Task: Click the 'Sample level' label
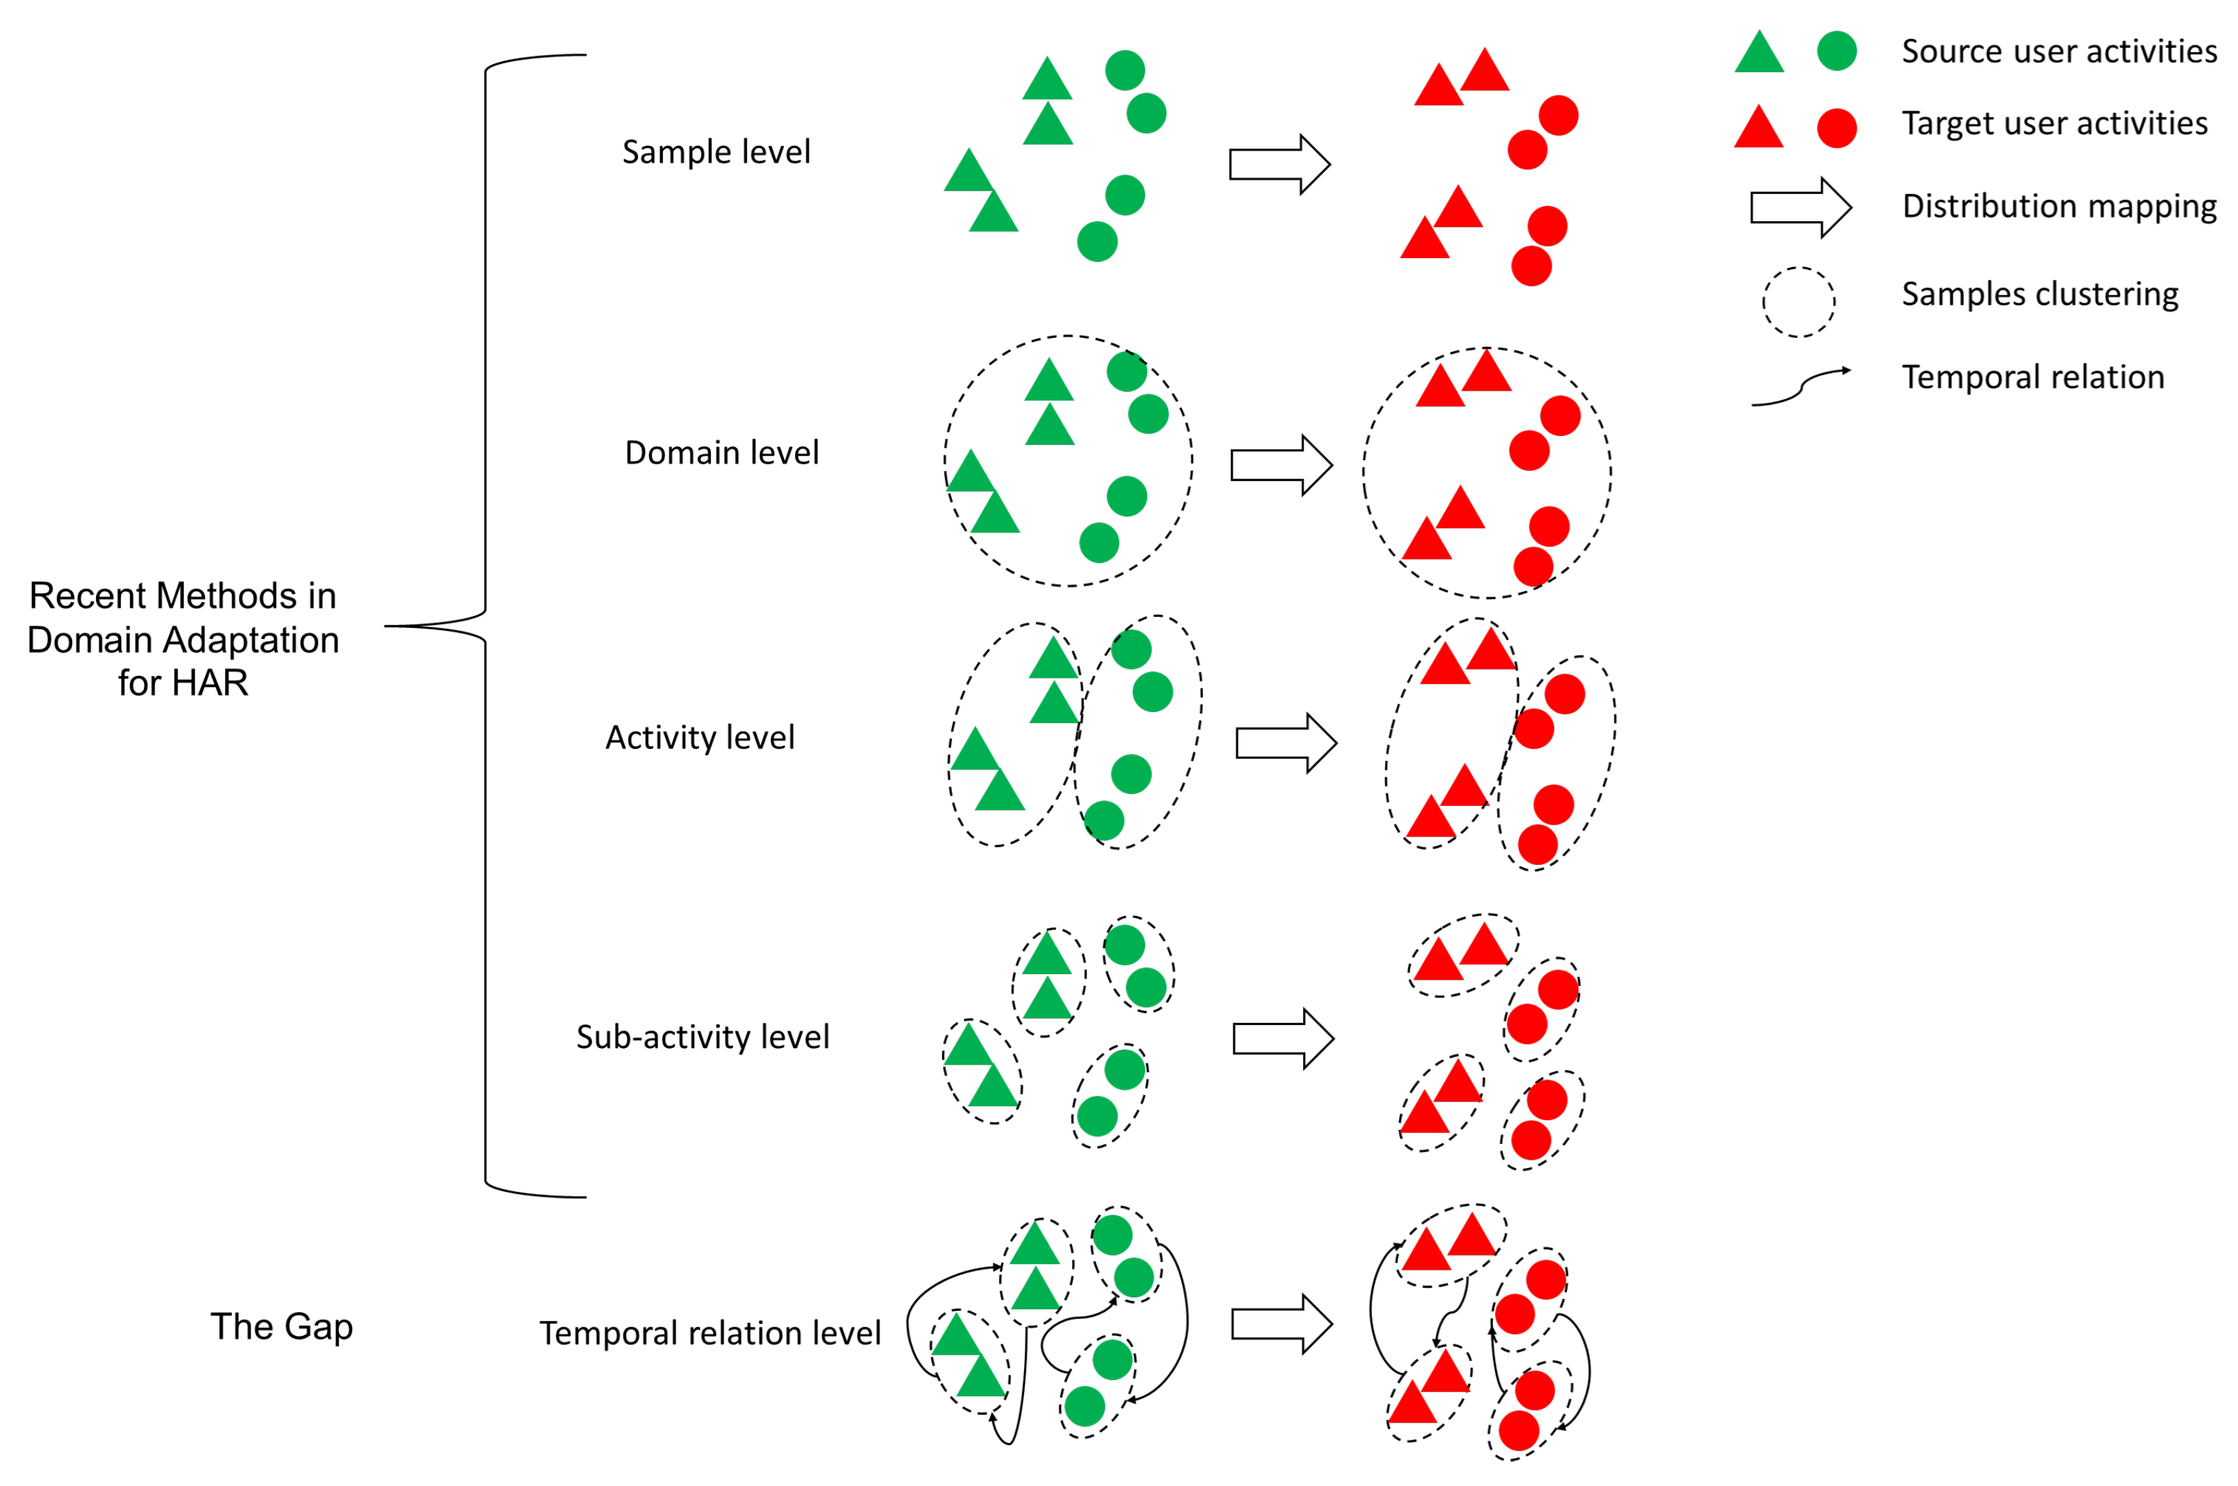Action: click(x=716, y=152)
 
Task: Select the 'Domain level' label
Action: click(x=721, y=452)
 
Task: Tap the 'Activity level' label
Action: click(x=700, y=736)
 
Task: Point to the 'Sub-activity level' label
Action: click(x=703, y=1036)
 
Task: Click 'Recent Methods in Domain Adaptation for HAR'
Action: click(x=183, y=639)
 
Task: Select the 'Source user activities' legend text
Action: click(x=2058, y=51)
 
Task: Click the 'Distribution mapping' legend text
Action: click(x=2058, y=206)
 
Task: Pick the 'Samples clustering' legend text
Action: click(x=2039, y=293)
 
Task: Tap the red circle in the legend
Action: click(x=1836, y=128)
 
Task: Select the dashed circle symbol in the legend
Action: click(x=1798, y=301)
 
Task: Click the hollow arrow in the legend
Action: click(x=1800, y=207)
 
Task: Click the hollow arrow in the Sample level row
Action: click(x=1279, y=164)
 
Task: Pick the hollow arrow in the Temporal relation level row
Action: click(x=1281, y=1324)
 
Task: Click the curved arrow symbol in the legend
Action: click(x=1799, y=387)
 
